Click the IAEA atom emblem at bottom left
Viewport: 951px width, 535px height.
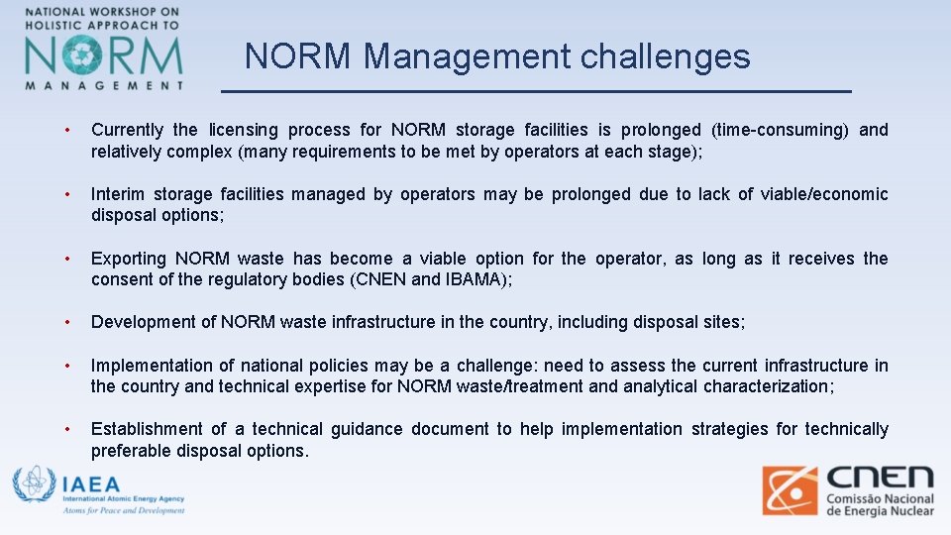(x=34, y=485)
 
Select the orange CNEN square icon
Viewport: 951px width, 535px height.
(x=790, y=490)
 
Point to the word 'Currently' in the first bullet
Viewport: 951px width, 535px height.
(x=128, y=130)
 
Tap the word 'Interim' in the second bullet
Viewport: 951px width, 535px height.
(x=120, y=194)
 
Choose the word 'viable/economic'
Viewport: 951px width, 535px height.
(x=824, y=194)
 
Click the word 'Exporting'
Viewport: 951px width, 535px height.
(x=131, y=259)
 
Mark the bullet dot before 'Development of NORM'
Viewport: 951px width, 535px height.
(x=65, y=322)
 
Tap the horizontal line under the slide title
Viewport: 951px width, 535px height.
(x=535, y=91)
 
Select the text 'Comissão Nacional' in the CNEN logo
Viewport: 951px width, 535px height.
(x=882, y=498)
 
